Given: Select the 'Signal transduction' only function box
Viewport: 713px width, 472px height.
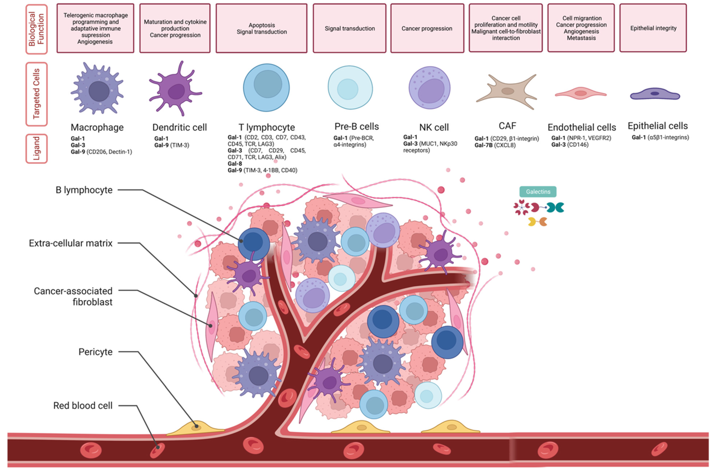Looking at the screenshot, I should click(x=349, y=28).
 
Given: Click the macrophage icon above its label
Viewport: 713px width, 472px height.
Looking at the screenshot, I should click(x=97, y=89).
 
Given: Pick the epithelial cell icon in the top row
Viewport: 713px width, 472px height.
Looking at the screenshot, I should click(x=655, y=94).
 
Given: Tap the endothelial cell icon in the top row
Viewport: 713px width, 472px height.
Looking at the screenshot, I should click(x=580, y=93).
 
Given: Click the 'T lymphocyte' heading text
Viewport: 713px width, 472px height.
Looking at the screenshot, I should click(x=267, y=127).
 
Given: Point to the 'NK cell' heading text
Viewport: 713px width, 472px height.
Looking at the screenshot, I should click(x=434, y=127).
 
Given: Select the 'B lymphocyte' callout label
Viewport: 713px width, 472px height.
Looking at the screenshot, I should click(x=84, y=190).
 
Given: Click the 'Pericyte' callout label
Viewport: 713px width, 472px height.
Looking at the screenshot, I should click(x=95, y=352).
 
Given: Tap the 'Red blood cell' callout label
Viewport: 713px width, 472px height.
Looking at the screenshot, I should click(x=83, y=405).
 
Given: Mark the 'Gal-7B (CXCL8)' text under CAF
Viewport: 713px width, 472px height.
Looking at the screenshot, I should click(x=495, y=145).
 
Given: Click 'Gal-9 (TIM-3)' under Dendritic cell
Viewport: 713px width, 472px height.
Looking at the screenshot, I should click(x=172, y=145).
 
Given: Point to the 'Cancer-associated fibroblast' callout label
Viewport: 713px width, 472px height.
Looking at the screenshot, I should click(x=73, y=296).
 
